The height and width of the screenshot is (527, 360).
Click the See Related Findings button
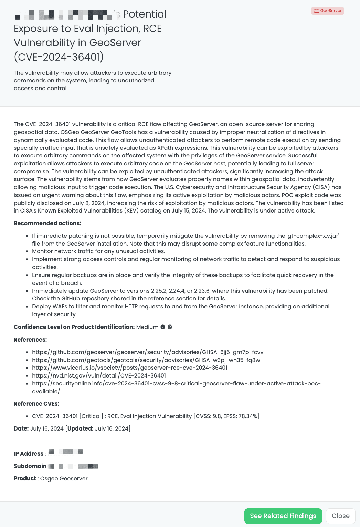point(283,516)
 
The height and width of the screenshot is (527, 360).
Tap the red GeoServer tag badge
point(328,11)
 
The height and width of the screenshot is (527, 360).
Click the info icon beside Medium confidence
point(163,327)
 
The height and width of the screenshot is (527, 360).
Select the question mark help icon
point(170,327)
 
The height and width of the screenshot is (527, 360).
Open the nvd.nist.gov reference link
point(99,375)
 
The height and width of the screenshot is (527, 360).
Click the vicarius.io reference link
point(129,368)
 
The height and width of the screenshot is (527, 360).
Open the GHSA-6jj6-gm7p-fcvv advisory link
point(148,352)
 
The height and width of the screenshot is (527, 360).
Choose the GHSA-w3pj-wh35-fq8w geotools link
point(146,360)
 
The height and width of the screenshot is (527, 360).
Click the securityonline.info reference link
point(176,383)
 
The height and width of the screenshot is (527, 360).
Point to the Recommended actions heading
point(47,223)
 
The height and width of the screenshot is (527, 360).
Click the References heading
point(30,340)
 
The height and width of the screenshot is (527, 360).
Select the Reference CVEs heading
point(36,404)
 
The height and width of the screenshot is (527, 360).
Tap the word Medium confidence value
point(147,327)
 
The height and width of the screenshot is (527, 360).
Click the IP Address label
point(29,454)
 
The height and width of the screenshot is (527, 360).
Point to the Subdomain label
point(30,466)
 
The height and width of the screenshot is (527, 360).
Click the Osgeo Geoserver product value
point(64,478)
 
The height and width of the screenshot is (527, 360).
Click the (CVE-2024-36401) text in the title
point(59,57)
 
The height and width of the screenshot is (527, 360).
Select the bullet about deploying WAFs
point(181,307)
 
